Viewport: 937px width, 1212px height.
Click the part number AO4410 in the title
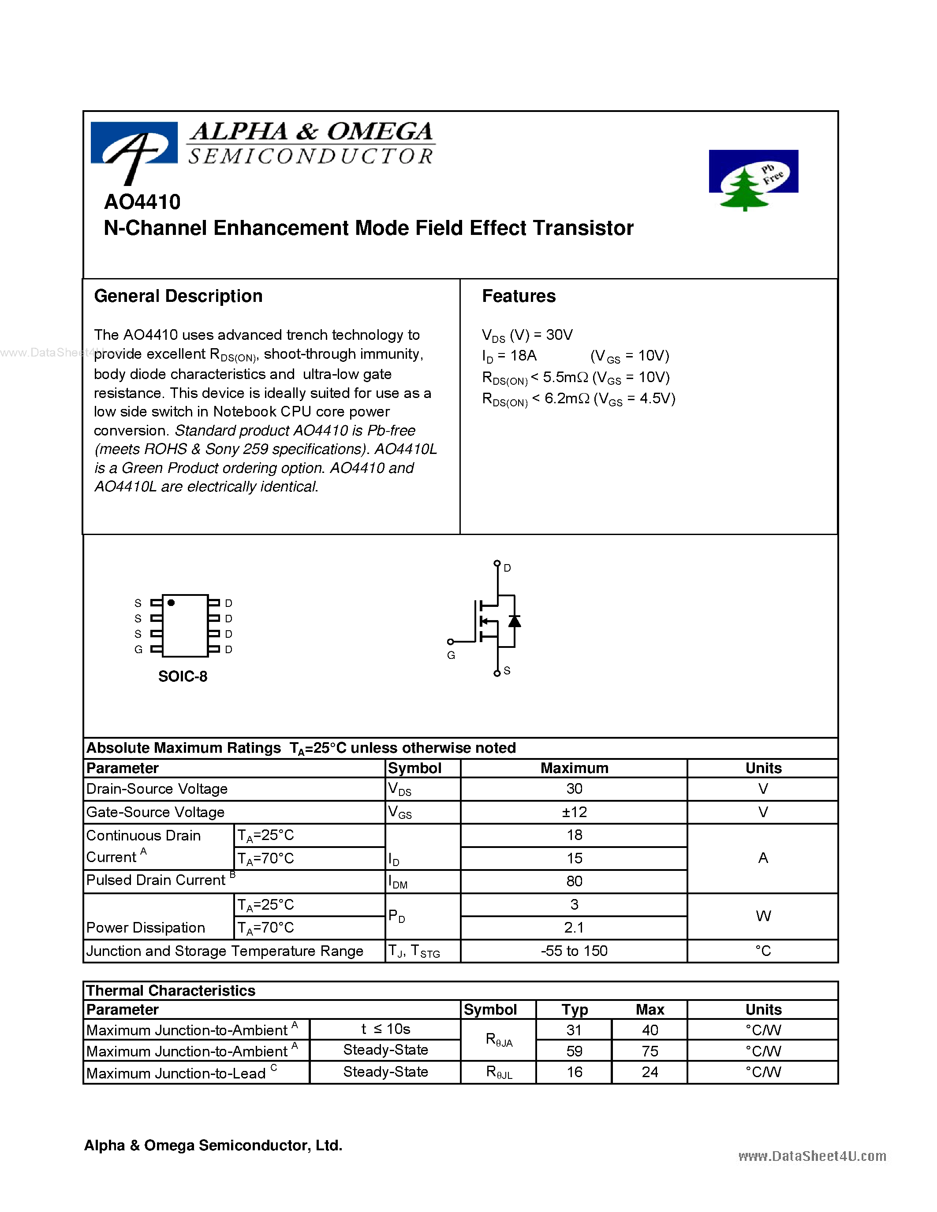[x=142, y=202]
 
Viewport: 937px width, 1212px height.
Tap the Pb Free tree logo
[x=753, y=180]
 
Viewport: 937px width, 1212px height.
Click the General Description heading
[x=178, y=296]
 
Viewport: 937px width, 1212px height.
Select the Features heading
[x=519, y=296]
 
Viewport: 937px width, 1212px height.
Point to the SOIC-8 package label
[x=183, y=677]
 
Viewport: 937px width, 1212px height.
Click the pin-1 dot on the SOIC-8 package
[x=171, y=602]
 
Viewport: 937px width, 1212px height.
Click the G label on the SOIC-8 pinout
[x=138, y=650]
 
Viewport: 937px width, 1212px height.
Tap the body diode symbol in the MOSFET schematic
[x=515, y=621]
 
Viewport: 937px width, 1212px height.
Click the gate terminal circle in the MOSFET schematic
[x=450, y=642]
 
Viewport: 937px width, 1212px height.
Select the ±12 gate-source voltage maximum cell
[x=574, y=812]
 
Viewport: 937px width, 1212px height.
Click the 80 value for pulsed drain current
[x=574, y=881]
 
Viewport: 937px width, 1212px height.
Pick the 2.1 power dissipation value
[x=574, y=928]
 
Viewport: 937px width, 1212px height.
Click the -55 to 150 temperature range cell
[x=574, y=951]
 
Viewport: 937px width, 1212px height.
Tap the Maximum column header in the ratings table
[x=574, y=768]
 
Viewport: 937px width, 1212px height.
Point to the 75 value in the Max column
[x=650, y=1051]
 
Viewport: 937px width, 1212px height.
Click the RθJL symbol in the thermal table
[x=498, y=1072]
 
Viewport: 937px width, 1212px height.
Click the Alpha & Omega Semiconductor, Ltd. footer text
[x=213, y=1145]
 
